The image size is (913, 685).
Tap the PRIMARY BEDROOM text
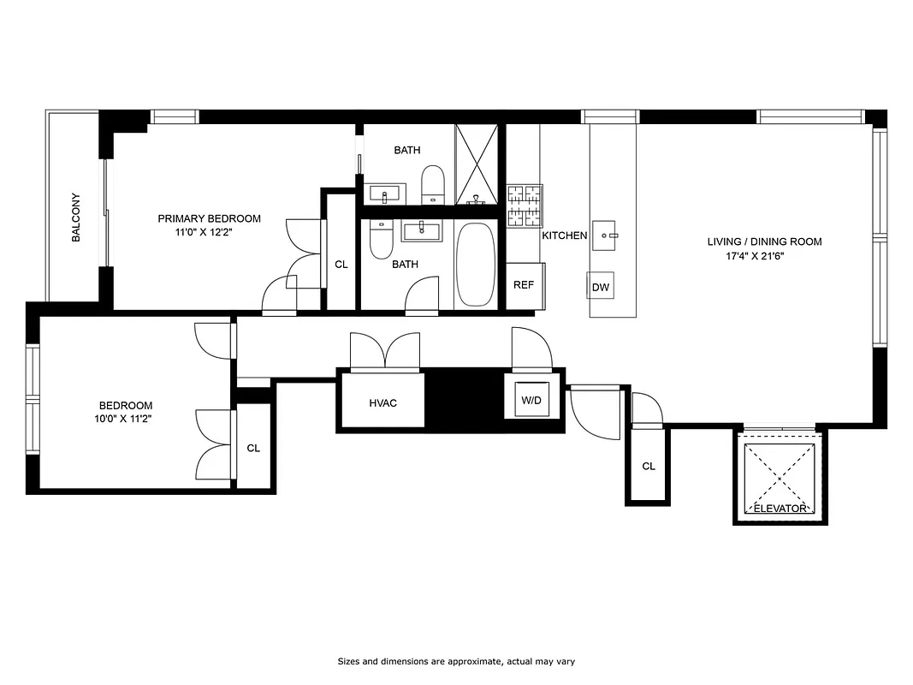point(209,218)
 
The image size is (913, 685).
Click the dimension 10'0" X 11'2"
point(126,419)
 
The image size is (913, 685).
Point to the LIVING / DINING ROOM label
point(764,241)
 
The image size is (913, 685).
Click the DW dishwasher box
point(601,287)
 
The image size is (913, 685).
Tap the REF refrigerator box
point(523,284)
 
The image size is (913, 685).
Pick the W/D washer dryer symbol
point(532,399)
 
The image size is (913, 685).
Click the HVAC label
point(382,403)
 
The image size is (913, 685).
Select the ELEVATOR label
point(779,509)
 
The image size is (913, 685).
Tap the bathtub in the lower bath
point(475,265)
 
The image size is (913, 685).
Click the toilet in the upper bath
point(434,184)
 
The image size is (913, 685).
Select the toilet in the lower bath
point(381,240)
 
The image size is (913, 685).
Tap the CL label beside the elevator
point(649,467)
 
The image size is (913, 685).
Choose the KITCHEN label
point(565,235)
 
